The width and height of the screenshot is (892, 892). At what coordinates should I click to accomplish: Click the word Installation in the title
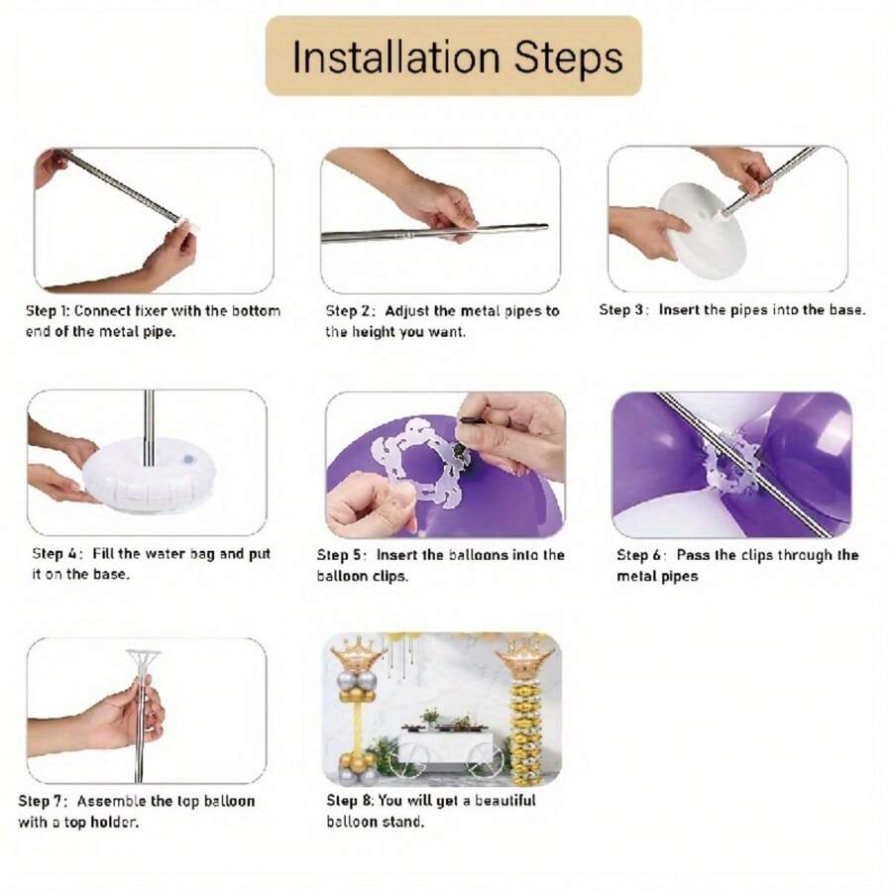pos(395,56)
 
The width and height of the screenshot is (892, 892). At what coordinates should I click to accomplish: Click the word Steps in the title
pos(568,58)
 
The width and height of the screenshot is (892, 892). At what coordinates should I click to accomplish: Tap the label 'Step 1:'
pos(48,311)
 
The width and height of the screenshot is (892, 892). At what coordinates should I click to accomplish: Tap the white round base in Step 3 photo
pos(702,230)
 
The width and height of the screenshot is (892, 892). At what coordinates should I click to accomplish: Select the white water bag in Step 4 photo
pos(149,475)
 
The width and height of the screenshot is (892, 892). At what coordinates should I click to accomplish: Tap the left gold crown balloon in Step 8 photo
pos(357,654)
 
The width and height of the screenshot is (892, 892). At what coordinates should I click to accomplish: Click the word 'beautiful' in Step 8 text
pos(505,801)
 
